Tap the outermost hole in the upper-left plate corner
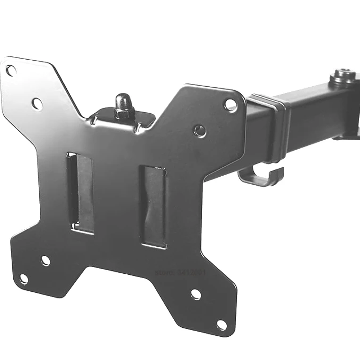[10, 71]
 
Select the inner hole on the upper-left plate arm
[37, 102]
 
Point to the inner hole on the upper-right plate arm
[200, 130]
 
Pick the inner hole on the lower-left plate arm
[45, 260]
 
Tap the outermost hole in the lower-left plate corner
[23, 279]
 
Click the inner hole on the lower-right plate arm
[196, 294]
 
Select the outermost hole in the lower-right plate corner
[221, 324]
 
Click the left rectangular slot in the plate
[81, 192]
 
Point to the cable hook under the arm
[261, 176]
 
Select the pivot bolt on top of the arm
[343, 77]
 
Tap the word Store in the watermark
[164, 272]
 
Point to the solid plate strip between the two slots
[116, 199]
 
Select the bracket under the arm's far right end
[348, 135]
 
